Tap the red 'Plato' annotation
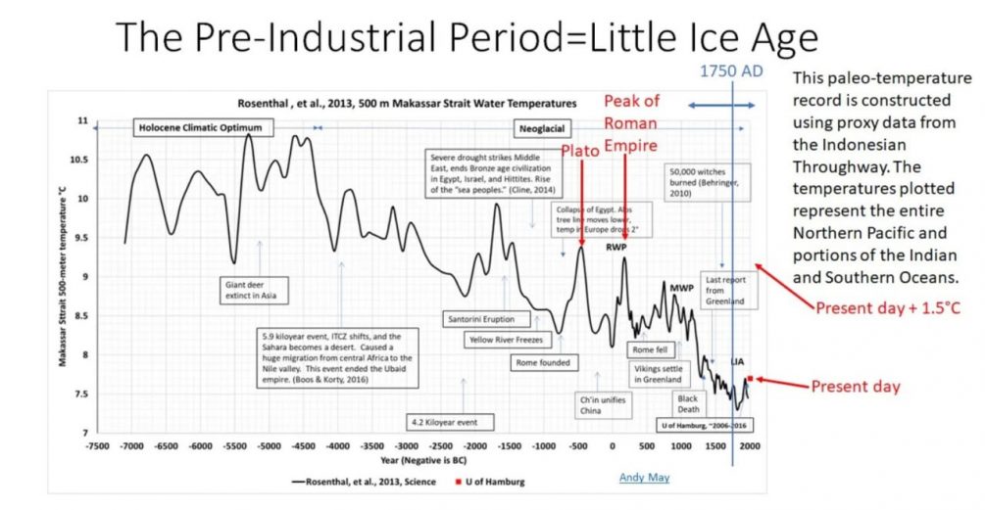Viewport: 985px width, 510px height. coord(581,150)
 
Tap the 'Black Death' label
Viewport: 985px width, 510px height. coord(688,404)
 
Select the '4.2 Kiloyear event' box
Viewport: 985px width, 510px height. coord(451,422)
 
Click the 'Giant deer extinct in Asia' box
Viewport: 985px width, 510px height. coord(259,290)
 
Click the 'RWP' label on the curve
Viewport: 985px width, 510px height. coord(616,247)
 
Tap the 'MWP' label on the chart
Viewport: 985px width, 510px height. coord(681,288)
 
